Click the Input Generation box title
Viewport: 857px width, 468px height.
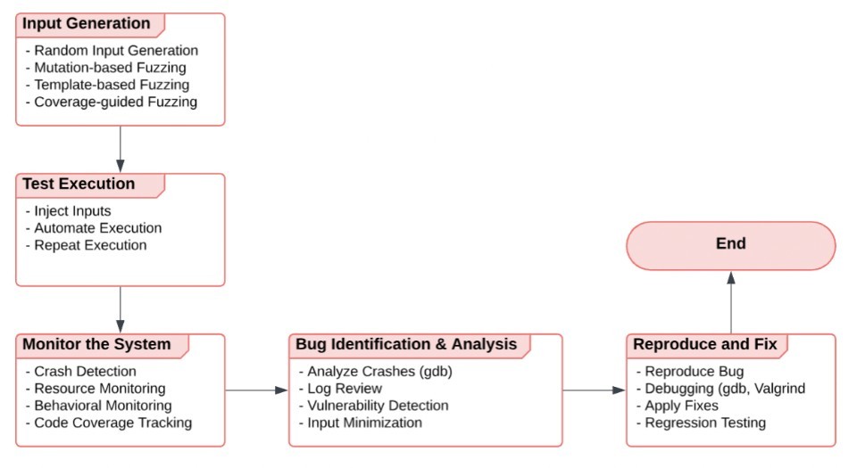pyautogui.click(x=87, y=24)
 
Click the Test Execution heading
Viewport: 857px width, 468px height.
pyautogui.click(x=79, y=185)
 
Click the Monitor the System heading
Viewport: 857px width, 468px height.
pyautogui.click(x=96, y=345)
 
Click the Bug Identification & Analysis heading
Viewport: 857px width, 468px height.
pyautogui.click(x=406, y=345)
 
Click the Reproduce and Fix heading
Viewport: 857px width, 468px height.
pyautogui.click(x=705, y=345)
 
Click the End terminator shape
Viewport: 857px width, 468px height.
pyautogui.click(x=730, y=245)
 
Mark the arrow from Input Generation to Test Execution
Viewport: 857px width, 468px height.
pyautogui.click(x=121, y=149)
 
